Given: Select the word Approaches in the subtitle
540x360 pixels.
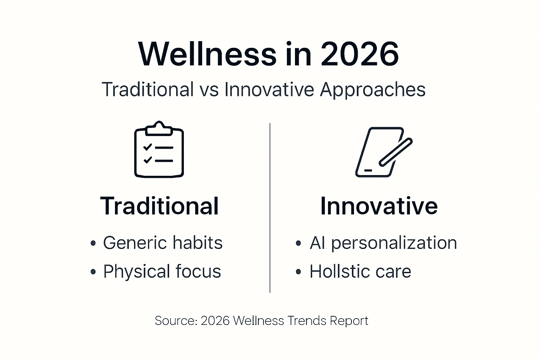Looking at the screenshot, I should coord(373,90).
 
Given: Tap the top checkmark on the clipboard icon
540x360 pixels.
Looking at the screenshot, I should coord(147,147).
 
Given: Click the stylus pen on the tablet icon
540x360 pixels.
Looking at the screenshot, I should coord(396,152).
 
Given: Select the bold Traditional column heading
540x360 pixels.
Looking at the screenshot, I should coord(159,206).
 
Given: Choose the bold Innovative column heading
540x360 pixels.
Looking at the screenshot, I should coord(379,206).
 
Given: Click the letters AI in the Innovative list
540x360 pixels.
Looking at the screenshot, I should coord(317,243).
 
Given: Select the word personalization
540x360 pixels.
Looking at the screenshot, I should coord(394,243).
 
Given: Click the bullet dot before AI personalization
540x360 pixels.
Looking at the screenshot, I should coord(298,243).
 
